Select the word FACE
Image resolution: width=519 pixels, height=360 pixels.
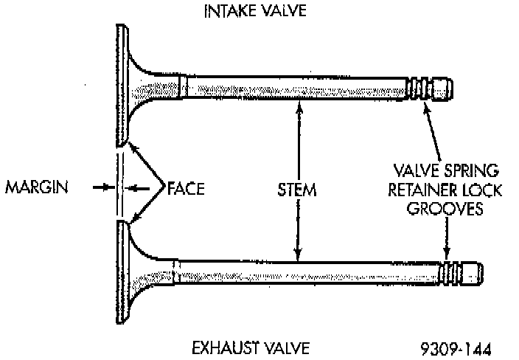[x=186, y=188]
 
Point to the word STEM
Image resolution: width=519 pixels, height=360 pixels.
[x=298, y=190]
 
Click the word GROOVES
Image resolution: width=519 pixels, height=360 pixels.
[x=447, y=209]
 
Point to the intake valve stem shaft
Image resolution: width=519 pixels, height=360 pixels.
[x=295, y=89]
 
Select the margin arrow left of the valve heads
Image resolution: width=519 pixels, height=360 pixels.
[x=103, y=188]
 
